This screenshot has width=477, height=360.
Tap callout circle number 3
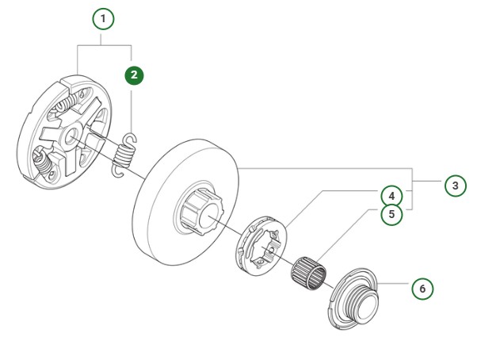point(452,186)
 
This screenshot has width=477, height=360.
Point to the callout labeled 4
point(390,195)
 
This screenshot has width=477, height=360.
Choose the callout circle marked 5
point(390,214)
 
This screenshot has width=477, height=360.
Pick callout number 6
point(422,288)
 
